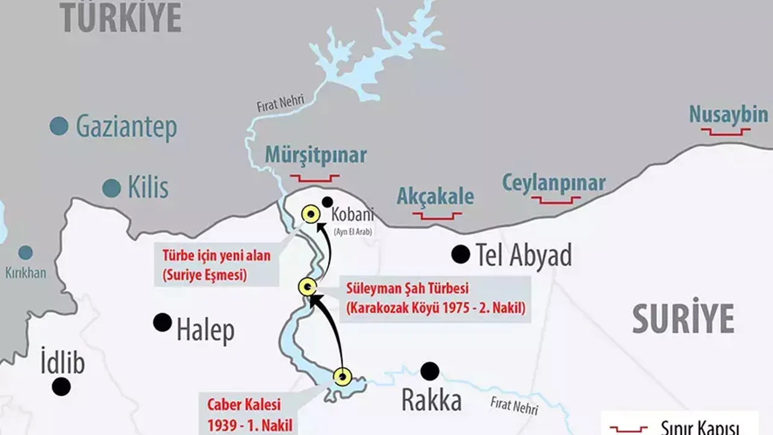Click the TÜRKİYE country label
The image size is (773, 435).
(121, 18)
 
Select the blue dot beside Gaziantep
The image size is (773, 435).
(59, 126)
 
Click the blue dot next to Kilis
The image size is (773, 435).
(111, 188)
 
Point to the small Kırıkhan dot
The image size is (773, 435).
(25, 253)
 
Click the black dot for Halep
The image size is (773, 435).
(162, 322)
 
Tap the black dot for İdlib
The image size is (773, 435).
(61, 386)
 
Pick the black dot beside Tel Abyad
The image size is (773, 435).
(461, 254)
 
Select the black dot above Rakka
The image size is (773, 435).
(430, 371)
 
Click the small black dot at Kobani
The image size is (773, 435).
(327, 202)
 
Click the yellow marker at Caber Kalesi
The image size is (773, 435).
(342, 376)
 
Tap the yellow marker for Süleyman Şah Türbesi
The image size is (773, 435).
(308, 287)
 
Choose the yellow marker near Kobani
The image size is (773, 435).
(311, 213)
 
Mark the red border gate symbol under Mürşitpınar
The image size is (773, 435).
(315, 178)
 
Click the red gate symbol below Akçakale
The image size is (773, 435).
(437, 215)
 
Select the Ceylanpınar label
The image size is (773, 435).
(554, 182)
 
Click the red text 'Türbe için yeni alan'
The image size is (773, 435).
(216, 256)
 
